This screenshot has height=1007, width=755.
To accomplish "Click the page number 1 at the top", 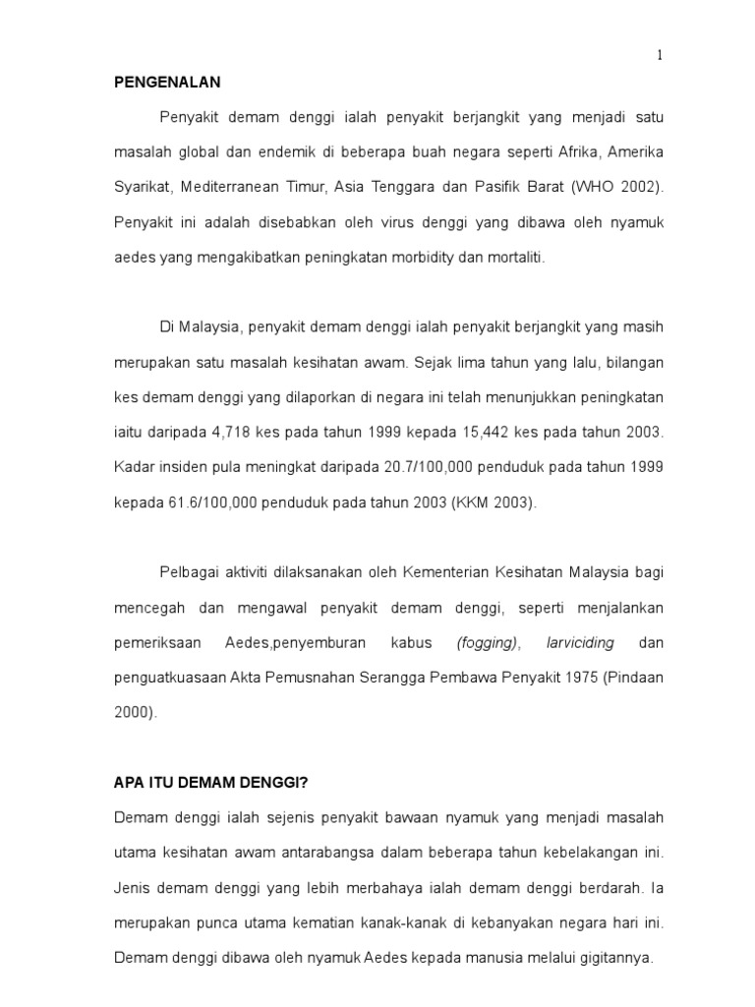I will point(660,56).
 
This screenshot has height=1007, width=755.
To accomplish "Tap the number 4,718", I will point(250,432).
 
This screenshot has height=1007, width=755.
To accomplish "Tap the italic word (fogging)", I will point(487,644).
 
